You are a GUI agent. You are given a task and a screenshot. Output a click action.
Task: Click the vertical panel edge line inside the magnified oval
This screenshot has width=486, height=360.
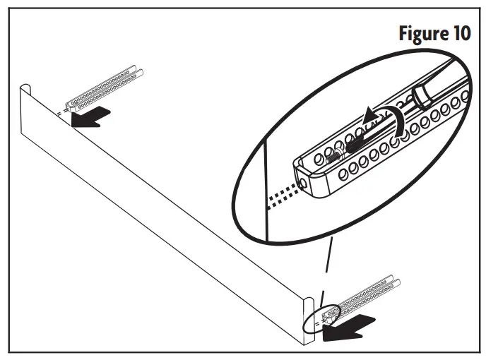(x=265, y=191)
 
